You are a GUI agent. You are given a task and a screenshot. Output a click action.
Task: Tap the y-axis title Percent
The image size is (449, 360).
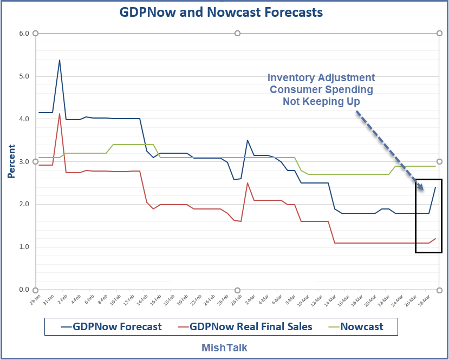pyautogui.click(x=11, y=161)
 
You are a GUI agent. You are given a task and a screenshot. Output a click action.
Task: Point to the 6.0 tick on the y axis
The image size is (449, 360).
pyautogui.click(x=24, y=34)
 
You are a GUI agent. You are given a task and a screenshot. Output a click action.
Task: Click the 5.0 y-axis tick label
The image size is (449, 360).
pyautogui.click(x=24, y=76)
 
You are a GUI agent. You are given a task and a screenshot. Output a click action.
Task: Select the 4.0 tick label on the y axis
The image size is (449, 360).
pyautogui.click(x=24, y=119)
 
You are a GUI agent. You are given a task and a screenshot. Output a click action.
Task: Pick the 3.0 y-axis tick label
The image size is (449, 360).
pyautogui.click(x=24, y=162)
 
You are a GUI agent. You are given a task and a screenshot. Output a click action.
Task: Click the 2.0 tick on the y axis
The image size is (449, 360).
pyautogui.click(x=24, y=204)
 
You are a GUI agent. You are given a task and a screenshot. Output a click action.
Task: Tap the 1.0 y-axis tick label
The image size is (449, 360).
pyautogui.click(x=24, y=247)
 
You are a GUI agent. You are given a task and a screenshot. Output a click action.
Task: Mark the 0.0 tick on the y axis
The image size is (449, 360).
pyautogui.click(x=24, y=290)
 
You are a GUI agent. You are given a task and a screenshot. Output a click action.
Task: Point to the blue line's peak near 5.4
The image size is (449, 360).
pyautogui.click(x=60, y=60)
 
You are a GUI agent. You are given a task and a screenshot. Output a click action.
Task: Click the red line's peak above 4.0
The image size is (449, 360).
pyautogui.click(x=60, y=114)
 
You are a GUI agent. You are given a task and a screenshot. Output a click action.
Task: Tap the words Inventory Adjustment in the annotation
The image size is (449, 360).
pyautogui.click(x=322, y=77)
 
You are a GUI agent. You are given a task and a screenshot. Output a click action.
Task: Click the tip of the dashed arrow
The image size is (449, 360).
pyautogui.click(x=424, y=190)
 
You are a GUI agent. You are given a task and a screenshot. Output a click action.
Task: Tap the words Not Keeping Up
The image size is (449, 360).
pyautogui.click(x=322, y=101)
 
